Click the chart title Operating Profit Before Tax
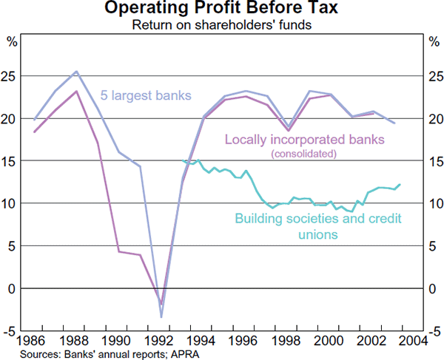pyautogui.click(x=222, y=10)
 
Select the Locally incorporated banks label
pyautogui.click(x=292, y=138)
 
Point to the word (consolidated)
pyautogui.click(x=304, y=154)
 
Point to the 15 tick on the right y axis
pyautogui.click(x=435, y=161)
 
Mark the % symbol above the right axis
pyautogui.click(x=434, y=41)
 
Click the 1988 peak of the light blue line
pyautogui.click(x=76, y=72)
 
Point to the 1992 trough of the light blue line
pyautogui.click(x=161, y=317)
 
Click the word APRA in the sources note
pyautogui.click(x=188, y=354)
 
